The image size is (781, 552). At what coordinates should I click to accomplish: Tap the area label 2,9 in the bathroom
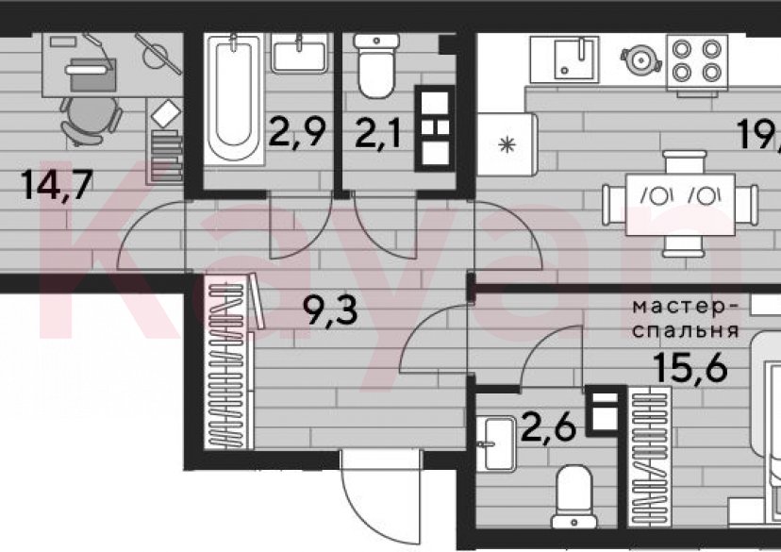(x=300, y=132)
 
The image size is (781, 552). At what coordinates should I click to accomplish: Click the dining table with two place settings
(x=680, y=200)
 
